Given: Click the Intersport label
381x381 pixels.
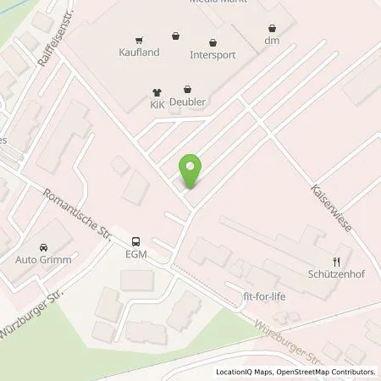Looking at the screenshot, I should click(212, 55).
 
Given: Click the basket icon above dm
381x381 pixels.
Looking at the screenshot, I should click(272, 27).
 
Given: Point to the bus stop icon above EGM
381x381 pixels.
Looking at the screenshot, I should click(137, 240).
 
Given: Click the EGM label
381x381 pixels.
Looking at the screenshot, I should click(137, 254).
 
